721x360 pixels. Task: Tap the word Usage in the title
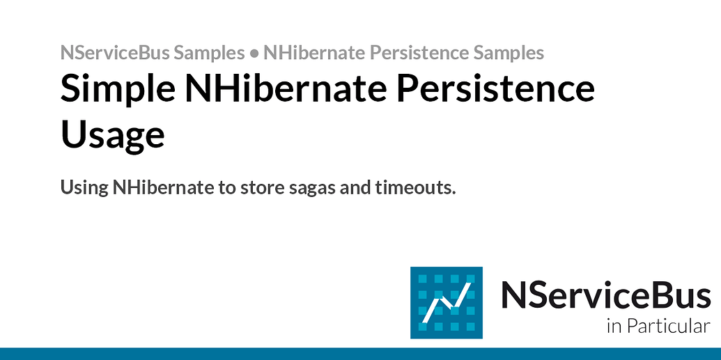pos(113,134)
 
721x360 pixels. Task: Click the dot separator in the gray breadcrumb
pos(254,53)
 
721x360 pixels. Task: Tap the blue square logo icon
pos(446,302)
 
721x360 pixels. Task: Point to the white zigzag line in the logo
pos(446,301)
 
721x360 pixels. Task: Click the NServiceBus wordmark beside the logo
pos(605,295)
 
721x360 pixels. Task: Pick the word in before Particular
pos(612,326)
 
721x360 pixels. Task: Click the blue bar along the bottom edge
pos(360,354)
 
